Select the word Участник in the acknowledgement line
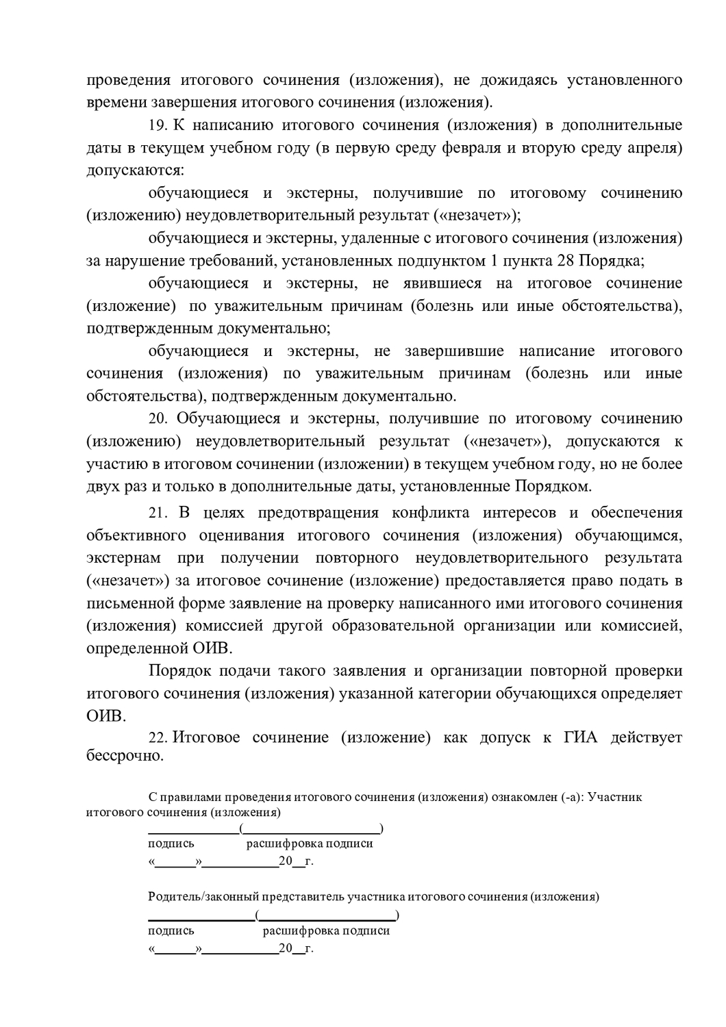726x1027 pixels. [x=615, y=797]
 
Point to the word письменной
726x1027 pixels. [x=127, y=603]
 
